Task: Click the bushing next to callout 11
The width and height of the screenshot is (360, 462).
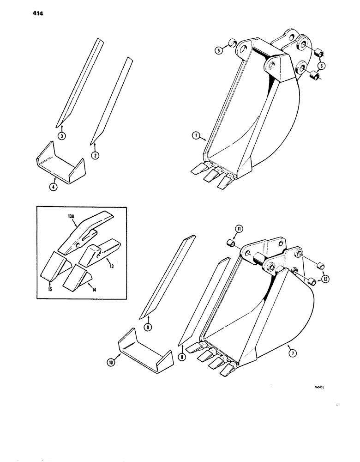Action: tap(232, 243)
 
